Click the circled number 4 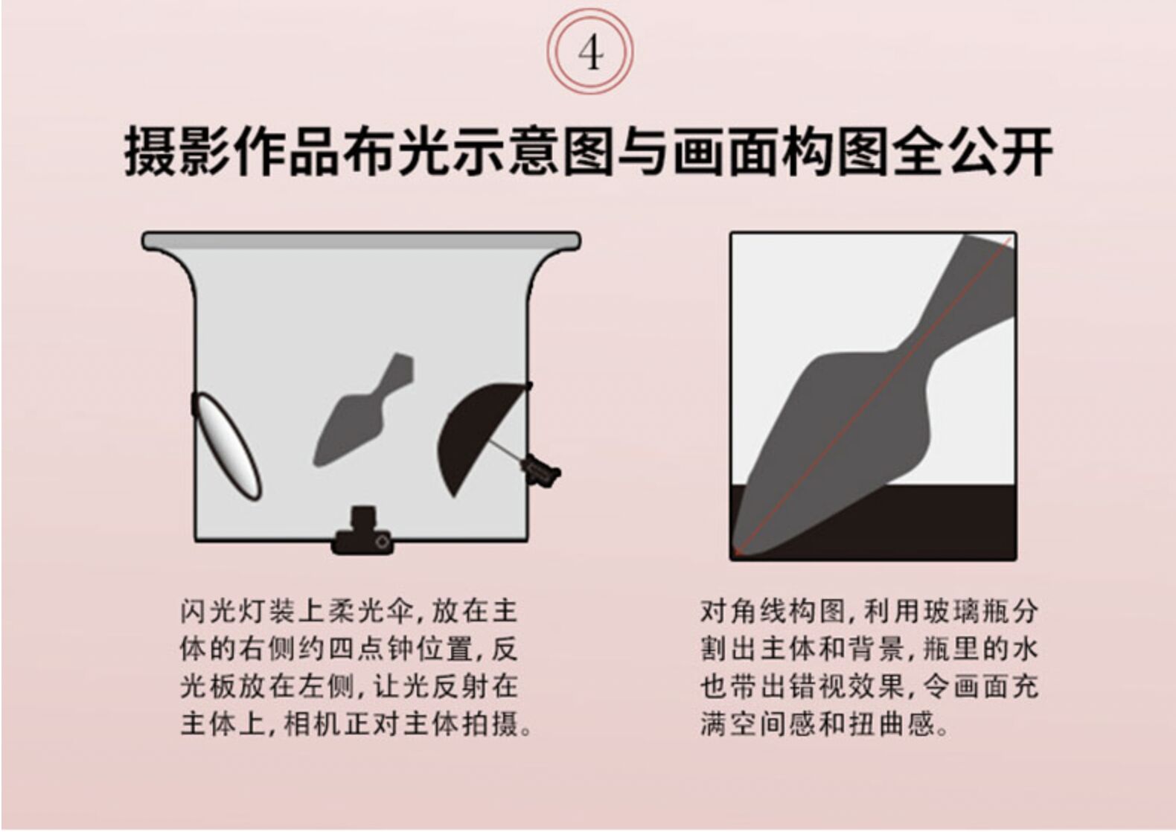590,51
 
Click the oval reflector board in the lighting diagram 226,447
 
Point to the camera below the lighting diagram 362,532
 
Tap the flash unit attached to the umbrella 541,471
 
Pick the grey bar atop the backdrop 361,241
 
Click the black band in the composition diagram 873,522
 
